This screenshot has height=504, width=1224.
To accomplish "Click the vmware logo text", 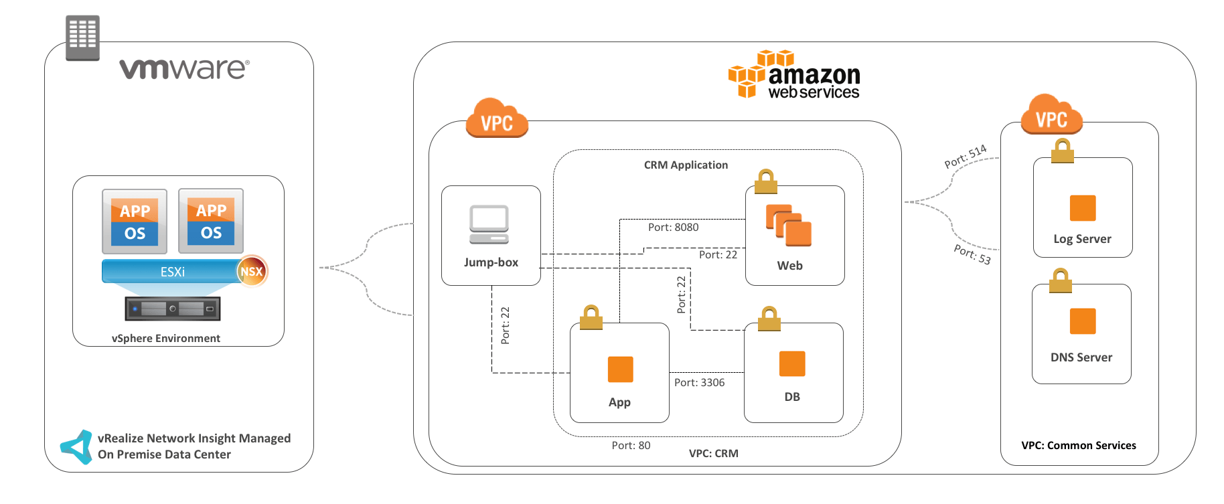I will (x=184, y=68).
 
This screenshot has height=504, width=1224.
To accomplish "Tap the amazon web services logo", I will (x=794, y=75).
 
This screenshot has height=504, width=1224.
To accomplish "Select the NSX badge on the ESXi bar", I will (x=252, y=271).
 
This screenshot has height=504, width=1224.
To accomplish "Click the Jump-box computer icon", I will (x=489, y=224).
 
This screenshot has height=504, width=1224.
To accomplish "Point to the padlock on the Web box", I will (x=765, y=181).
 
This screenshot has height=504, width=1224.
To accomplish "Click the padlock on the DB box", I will (x=769, y=319).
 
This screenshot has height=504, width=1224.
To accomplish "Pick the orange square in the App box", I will (x=620, y=369).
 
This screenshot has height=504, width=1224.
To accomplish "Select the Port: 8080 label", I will (x=673, y=228).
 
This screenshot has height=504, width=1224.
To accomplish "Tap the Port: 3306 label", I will (x=699, y=383).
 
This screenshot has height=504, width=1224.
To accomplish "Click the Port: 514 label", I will (x=965, y=156).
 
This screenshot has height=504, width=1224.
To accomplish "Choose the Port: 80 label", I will (x=631, y=446).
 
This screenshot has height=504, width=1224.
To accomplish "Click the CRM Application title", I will (x=686, y=165).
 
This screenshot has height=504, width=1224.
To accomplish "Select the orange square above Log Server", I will (x=1082, y=208).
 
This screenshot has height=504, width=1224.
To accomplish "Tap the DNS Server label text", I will (x=1081, y=357).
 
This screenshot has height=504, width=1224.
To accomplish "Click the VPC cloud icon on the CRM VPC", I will (x=497, y=118).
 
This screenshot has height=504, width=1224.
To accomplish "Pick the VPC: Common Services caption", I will (x=1078, y=446).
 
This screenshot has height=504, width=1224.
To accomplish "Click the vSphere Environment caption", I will (x=165, y=339).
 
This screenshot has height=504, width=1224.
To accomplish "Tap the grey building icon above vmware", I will (x=82, y=37).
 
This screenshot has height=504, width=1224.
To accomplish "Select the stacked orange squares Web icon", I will (x=788, y=225).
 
